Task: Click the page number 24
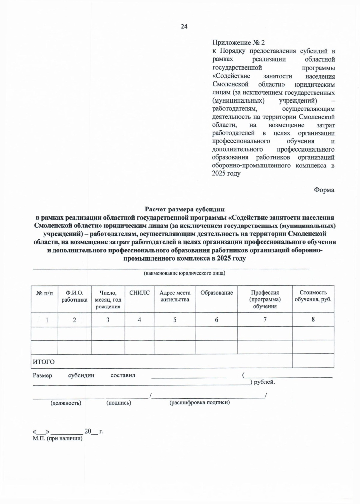point(184,27)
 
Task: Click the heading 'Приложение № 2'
point(238,43)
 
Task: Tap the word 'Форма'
point(324,190)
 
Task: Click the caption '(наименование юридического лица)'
point(184,273)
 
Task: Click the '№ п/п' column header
point(44,293)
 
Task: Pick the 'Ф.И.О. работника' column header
point(74,296)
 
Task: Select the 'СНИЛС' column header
point(139,293)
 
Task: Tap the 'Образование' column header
point(217,293)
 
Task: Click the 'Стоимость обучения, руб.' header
point(313,296)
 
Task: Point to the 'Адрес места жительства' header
point(175,296)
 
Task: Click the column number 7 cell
point(265,320)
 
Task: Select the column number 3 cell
point(108,320)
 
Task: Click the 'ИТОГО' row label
point(44,362)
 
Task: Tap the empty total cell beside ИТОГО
point(313,361)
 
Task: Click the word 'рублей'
point(264,382)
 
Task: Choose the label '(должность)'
point(66,403)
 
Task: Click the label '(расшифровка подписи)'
point(200,403)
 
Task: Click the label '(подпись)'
point(119,403)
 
